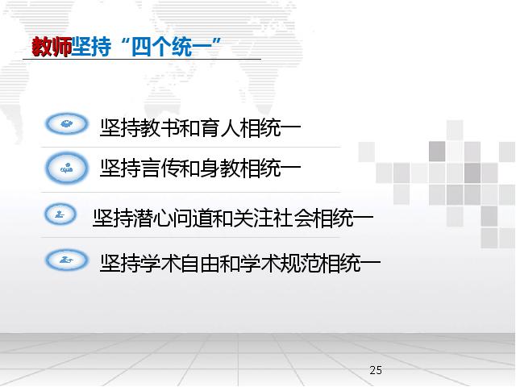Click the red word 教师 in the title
tap(52, 47)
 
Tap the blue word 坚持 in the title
tap(91, 47)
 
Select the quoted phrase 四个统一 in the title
tap(171, 47)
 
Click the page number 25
tap(376, 370)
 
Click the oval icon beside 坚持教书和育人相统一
tap(67, 124)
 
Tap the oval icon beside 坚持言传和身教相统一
tap(67, 168)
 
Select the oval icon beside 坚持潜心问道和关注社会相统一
tap(60, 214)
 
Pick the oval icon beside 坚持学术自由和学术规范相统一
tap(67, 260)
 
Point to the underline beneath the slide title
tap(142, 59)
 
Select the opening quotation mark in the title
tap(125, 42)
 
